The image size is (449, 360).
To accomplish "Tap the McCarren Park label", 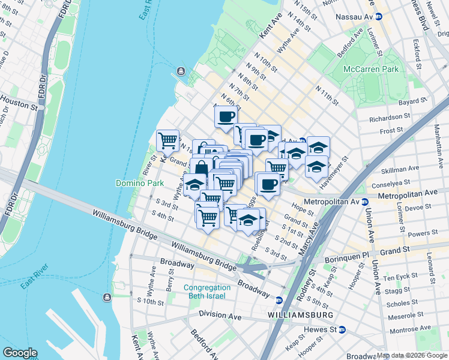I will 370,70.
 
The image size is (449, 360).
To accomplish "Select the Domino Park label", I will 136,182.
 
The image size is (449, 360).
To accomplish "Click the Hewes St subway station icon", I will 342,329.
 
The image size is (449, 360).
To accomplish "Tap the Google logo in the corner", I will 19,353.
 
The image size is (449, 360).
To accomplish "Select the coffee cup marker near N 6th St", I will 226,116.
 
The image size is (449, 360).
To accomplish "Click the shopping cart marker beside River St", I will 168,140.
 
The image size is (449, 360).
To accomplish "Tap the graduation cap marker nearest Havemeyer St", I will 316,166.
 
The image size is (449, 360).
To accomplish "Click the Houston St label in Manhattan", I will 19,105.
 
